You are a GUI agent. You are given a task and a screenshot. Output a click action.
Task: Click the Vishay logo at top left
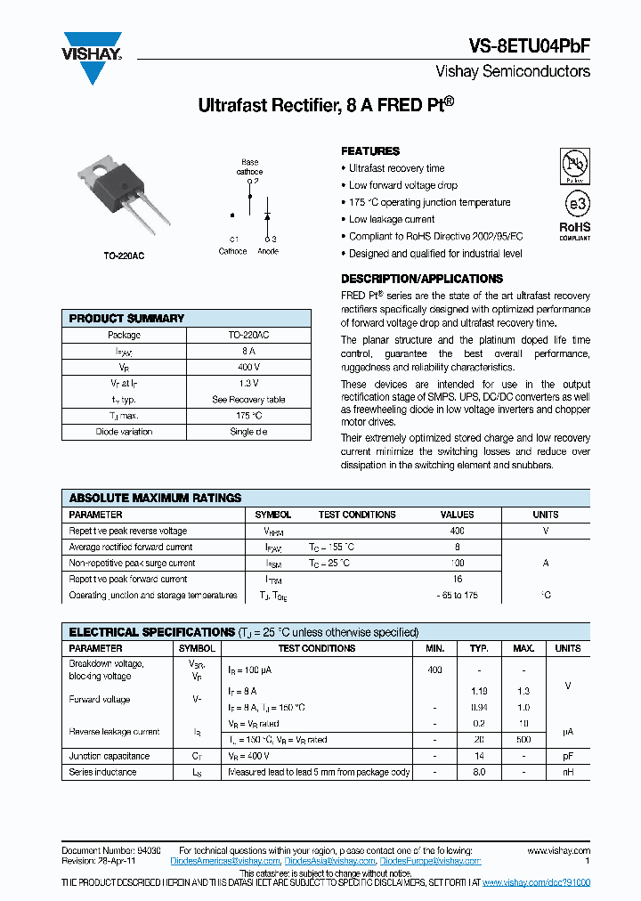[x=91, y=58]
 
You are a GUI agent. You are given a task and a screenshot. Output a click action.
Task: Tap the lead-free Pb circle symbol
[x=574, y=164]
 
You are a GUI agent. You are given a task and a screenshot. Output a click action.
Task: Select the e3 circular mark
[x=575, y=203]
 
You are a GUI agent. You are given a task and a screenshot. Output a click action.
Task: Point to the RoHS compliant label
[x=574, y=231]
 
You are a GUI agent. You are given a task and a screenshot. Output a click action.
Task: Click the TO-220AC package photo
[x=125, y=200]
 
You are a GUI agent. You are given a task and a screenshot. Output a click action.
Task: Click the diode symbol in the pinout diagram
[x=266, y=215]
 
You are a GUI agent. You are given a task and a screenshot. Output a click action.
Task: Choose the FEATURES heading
[x=370, y=151]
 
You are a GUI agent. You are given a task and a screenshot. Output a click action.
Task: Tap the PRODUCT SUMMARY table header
[x=126, y=318]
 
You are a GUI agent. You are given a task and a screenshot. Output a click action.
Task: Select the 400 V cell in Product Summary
[x=249, y=367]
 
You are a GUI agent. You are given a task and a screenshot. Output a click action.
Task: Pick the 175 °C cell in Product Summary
[x=249, y=416]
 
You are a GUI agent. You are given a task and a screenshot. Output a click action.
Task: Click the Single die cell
[x=249, y=432]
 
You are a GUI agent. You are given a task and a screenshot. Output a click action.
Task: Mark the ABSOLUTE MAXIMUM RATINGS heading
[x=155, y=498]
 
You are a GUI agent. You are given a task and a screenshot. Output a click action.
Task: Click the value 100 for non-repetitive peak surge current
[x=457, y=563]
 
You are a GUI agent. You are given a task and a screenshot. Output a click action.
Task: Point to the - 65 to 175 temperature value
[x=457, y=595]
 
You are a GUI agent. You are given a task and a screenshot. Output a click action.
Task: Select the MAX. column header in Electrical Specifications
[x=523, y=648]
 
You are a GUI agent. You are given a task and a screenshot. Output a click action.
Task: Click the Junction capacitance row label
[x=109, y=756]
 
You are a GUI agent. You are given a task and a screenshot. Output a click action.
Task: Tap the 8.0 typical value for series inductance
[x=479, y=772]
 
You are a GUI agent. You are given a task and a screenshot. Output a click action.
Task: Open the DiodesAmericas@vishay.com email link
[x=228, y=861]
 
